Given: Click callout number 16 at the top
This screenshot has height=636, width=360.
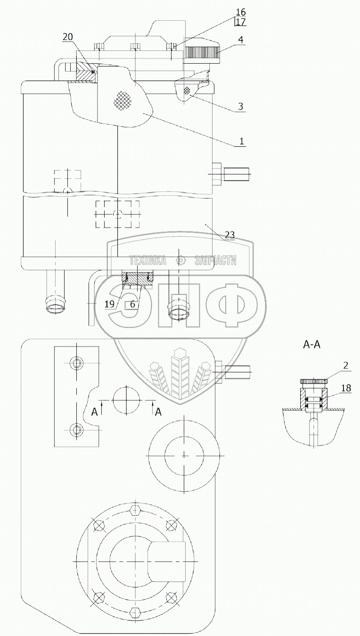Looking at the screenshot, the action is click(240, 12).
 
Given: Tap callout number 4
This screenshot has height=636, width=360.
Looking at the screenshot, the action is click(240, 40).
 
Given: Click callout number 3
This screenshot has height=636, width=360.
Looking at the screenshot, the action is click(240, 106).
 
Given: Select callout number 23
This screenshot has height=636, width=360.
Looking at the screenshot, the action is click(229, 234).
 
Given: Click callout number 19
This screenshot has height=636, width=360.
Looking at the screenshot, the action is click(109, 305).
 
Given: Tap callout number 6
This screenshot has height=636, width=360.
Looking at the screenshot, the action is click(133, 305).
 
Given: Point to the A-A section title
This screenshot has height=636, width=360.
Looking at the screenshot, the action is click(311, 345).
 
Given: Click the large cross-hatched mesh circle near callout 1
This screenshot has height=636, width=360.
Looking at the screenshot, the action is click(123, 100).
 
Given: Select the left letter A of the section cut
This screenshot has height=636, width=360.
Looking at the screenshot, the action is click(95, 412).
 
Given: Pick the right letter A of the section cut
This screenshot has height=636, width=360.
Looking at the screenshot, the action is click(158, 412).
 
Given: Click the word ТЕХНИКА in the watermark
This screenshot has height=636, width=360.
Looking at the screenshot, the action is click(147, 260).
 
